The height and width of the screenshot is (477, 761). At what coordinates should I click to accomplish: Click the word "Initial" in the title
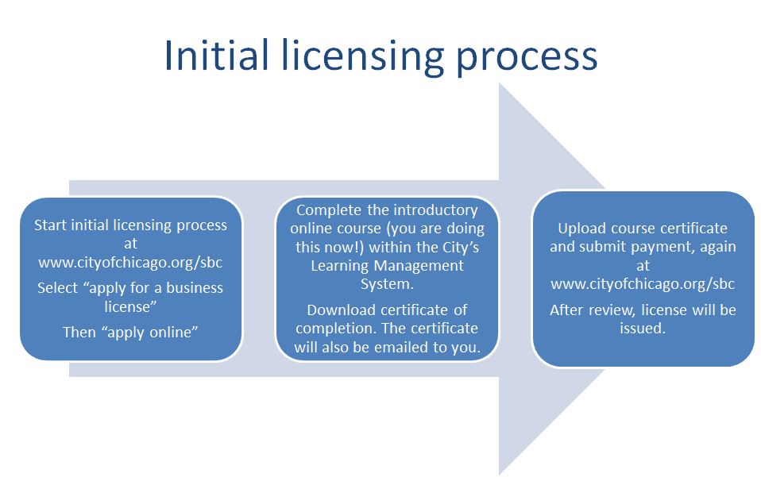coord(216,56)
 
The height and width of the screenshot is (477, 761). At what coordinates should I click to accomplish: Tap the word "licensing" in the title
coord(362,58)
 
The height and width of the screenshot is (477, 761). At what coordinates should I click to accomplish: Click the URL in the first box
coord(130,262)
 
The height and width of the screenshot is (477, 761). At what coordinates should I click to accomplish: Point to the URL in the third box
coord(643,283)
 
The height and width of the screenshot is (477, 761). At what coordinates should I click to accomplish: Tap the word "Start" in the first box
coord(51,225)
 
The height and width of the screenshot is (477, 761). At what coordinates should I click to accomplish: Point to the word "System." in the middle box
coord(387,284)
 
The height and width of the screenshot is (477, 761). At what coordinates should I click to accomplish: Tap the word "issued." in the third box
coord(643,328)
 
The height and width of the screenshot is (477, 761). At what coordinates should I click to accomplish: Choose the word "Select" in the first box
coord(58,288)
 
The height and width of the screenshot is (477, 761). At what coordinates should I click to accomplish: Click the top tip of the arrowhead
coord(500,83)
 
